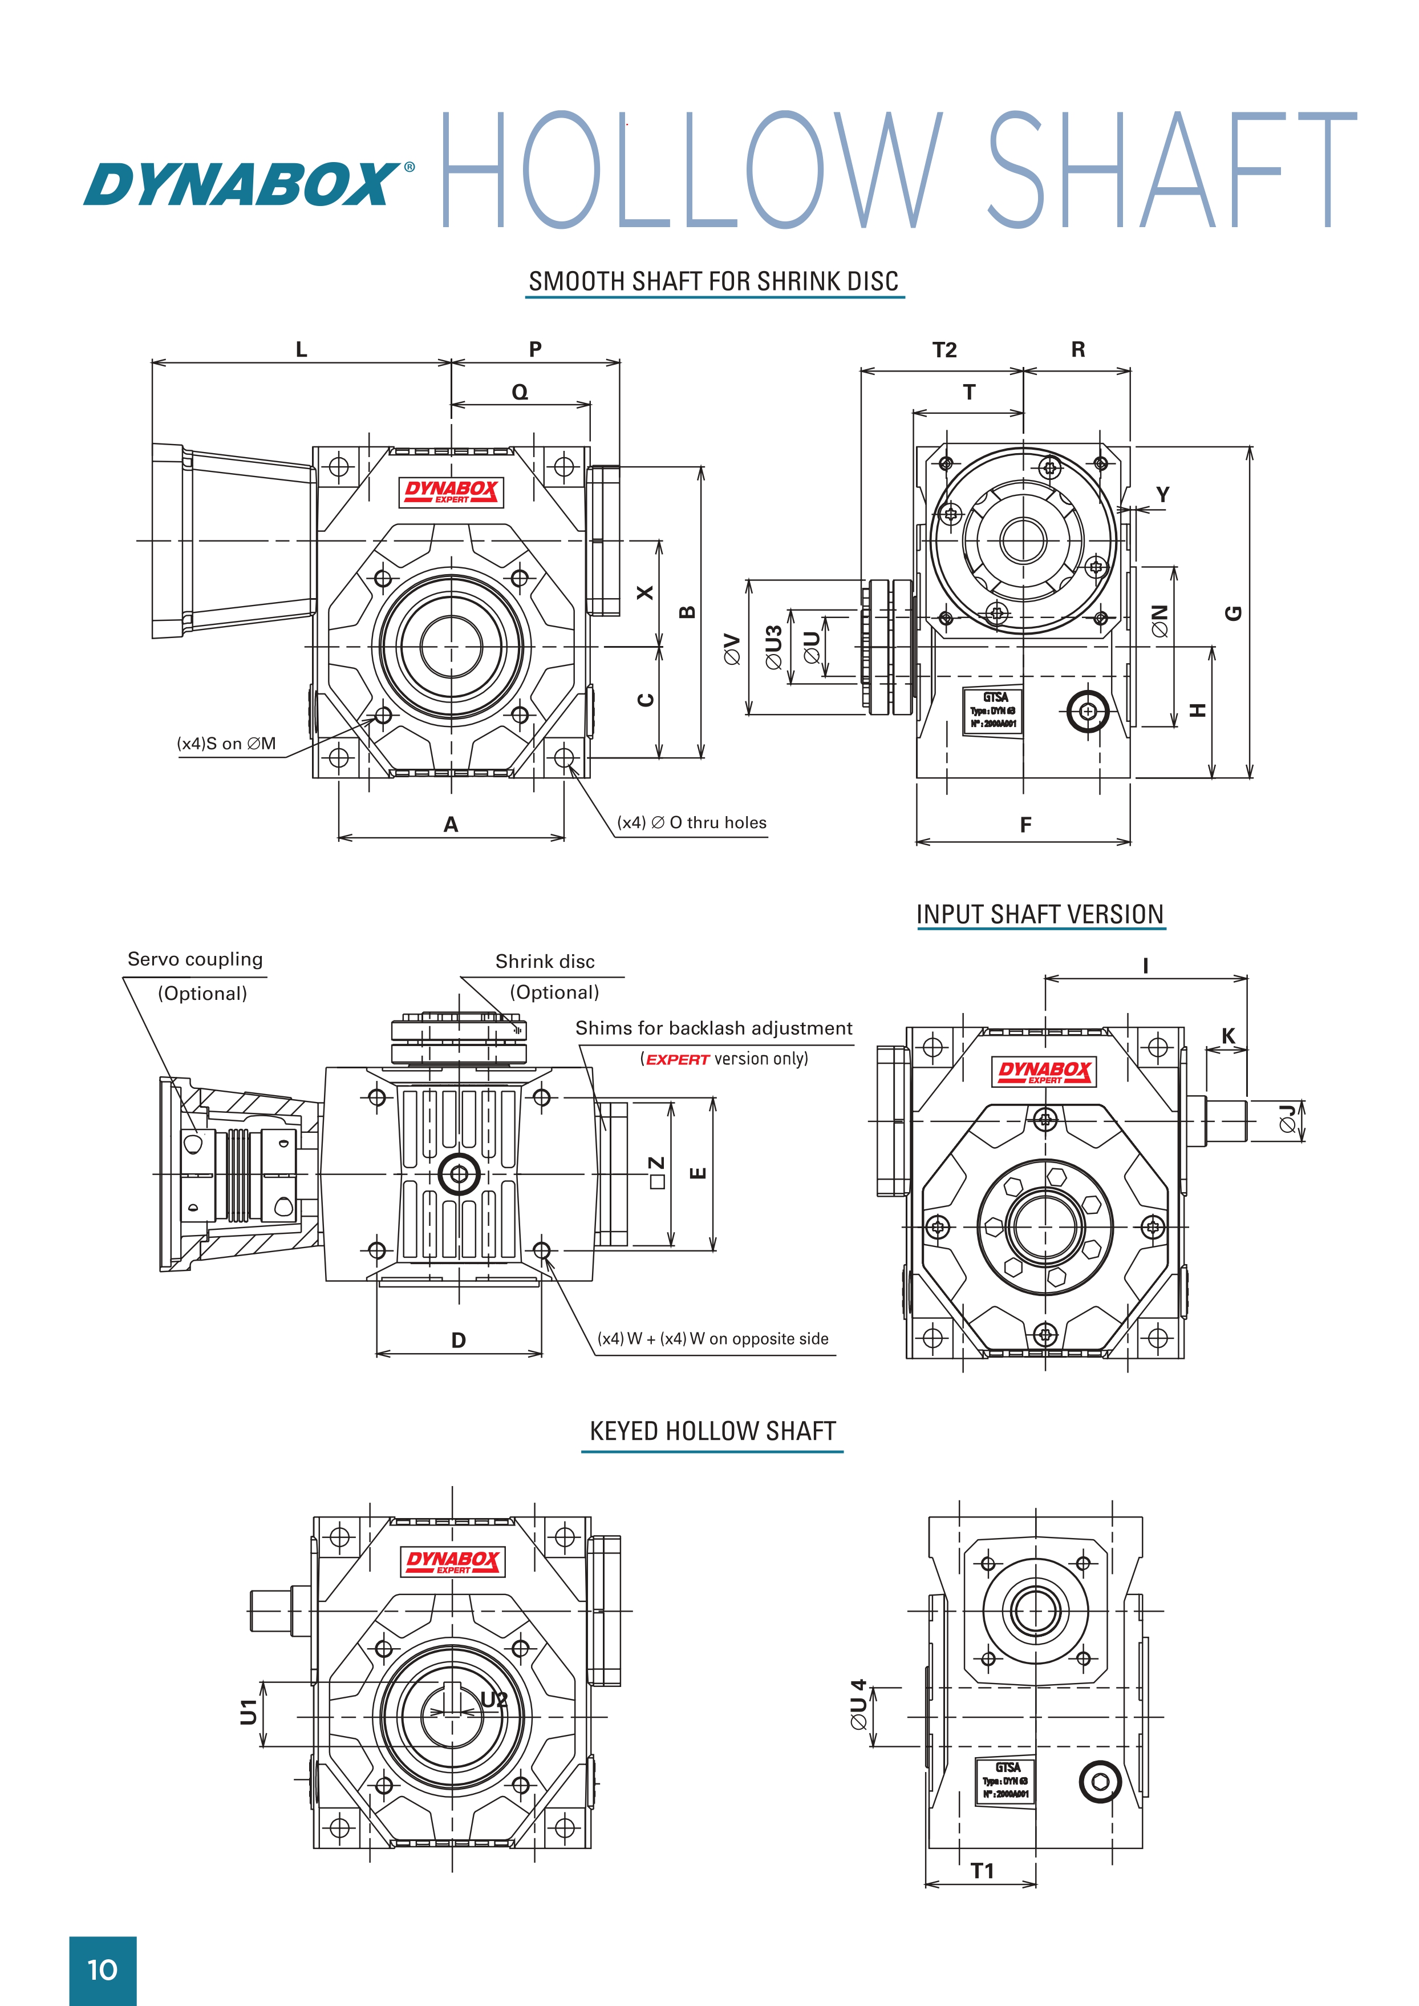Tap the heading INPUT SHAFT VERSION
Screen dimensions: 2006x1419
click(1039, 914)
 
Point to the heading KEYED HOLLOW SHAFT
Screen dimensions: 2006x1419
click(712, 1431)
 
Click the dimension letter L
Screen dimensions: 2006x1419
click(302, 350)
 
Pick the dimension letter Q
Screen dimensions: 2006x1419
click(520, 393)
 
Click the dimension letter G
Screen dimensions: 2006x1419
click(1233, 613)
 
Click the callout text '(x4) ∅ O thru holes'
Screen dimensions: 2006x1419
click(691, 822)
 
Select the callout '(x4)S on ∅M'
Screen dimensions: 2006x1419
click(226, 744)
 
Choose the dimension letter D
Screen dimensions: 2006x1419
click(459, 1340)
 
